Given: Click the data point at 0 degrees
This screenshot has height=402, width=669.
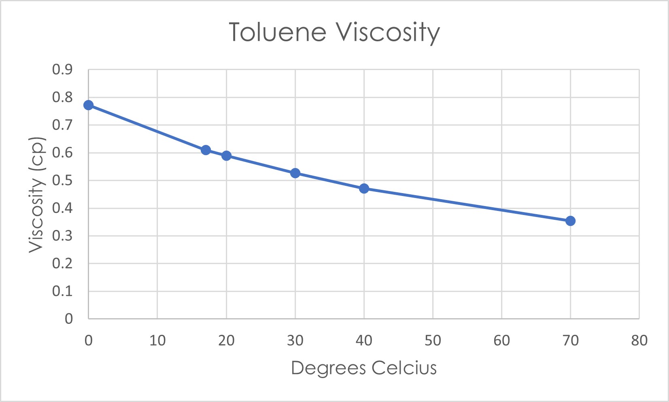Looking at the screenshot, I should click(x=88, y=105).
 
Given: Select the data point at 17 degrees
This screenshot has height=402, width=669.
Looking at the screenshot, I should click(x=206, y=150).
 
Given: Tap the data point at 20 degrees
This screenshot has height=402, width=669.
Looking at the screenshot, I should click(x=226, y=155).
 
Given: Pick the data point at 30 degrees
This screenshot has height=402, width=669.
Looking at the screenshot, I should click(x=295, y=173).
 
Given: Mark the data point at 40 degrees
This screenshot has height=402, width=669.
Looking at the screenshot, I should click(x=364, y=188).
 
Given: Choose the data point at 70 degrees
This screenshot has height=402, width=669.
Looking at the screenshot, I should click(x=570, y=221).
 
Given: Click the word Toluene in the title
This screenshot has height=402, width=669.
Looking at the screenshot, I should click(x=277, y=32).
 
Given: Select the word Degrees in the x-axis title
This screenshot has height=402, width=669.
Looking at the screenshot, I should click(x=328, y=368).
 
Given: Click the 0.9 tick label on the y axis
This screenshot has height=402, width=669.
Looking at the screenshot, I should click(x=62, y=70).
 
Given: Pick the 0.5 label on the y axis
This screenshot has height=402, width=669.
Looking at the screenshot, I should click(x=62, y=181).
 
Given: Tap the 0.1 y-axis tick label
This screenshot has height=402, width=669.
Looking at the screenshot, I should click(x=62, y=291).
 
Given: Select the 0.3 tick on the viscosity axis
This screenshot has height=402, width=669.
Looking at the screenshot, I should click(x=62, y=236).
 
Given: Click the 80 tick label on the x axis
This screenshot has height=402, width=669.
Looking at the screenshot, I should click(x=639, y=340).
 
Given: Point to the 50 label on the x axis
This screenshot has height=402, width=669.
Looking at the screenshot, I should click(x=433, y=340).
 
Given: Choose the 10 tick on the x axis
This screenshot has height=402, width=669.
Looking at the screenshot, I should click(x=157, y=340).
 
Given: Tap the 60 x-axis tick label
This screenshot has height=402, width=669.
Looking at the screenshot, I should click(x=501, y=340).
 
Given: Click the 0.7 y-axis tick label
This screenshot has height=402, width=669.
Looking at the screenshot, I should click(x=62, y=125).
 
